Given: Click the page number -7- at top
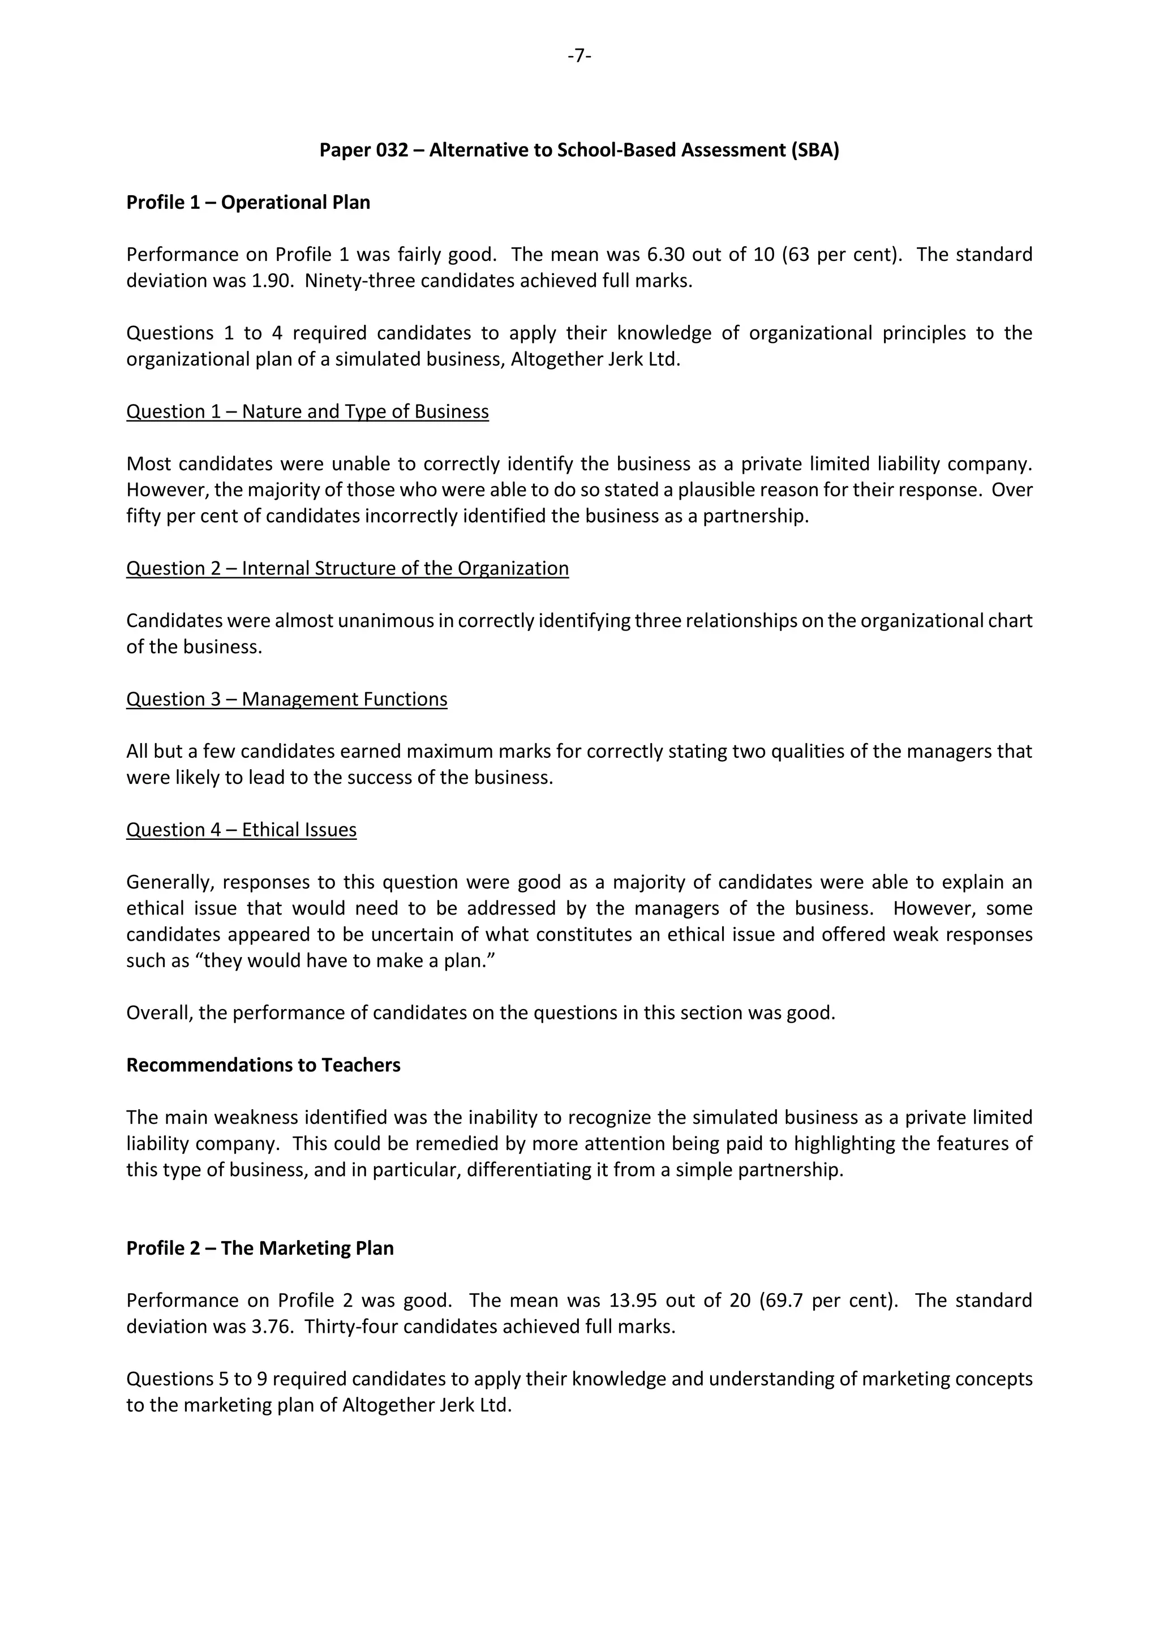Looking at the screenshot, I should point(579,55).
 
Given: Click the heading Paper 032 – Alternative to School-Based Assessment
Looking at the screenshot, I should point(579,150).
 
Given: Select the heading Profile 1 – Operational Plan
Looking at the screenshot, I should point(248,203).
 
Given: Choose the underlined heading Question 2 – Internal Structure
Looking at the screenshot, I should point(347,568).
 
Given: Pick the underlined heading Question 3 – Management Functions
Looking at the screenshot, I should point(286,699).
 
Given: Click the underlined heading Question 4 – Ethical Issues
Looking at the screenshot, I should point(241,830).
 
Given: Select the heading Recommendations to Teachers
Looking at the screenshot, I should point(263,1065).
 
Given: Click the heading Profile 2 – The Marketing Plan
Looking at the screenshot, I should point(260,1248).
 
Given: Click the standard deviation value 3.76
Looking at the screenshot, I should point(271,1327).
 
